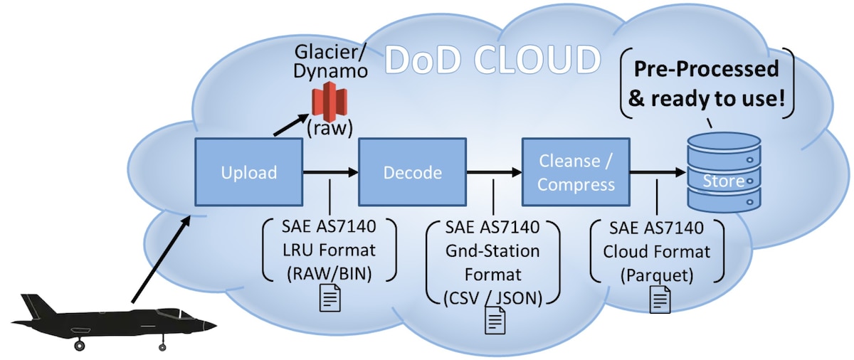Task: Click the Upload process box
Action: point(248,172)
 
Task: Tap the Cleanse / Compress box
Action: point(576,172)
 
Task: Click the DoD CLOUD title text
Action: point(491,60)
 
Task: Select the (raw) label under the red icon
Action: point(329,130)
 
